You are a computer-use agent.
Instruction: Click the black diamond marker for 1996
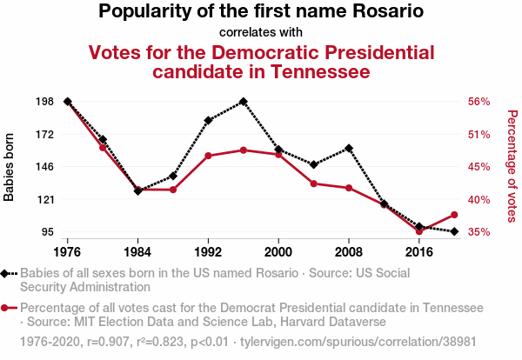point(244,102)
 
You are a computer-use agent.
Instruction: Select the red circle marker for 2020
point(454,215)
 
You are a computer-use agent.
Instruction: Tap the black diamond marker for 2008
point(349,148)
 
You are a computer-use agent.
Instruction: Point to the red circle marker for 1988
point(173,190)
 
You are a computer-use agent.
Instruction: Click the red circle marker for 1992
point(208,156)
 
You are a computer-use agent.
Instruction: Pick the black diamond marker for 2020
point(454,231)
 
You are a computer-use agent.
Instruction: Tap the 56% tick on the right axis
point(480,102)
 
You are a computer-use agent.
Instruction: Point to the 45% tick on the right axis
point(480,167)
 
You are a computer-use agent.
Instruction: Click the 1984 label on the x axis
point(137,252)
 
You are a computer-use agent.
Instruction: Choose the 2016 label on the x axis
point(419,252)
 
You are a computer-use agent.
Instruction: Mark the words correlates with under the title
point(260,33)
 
